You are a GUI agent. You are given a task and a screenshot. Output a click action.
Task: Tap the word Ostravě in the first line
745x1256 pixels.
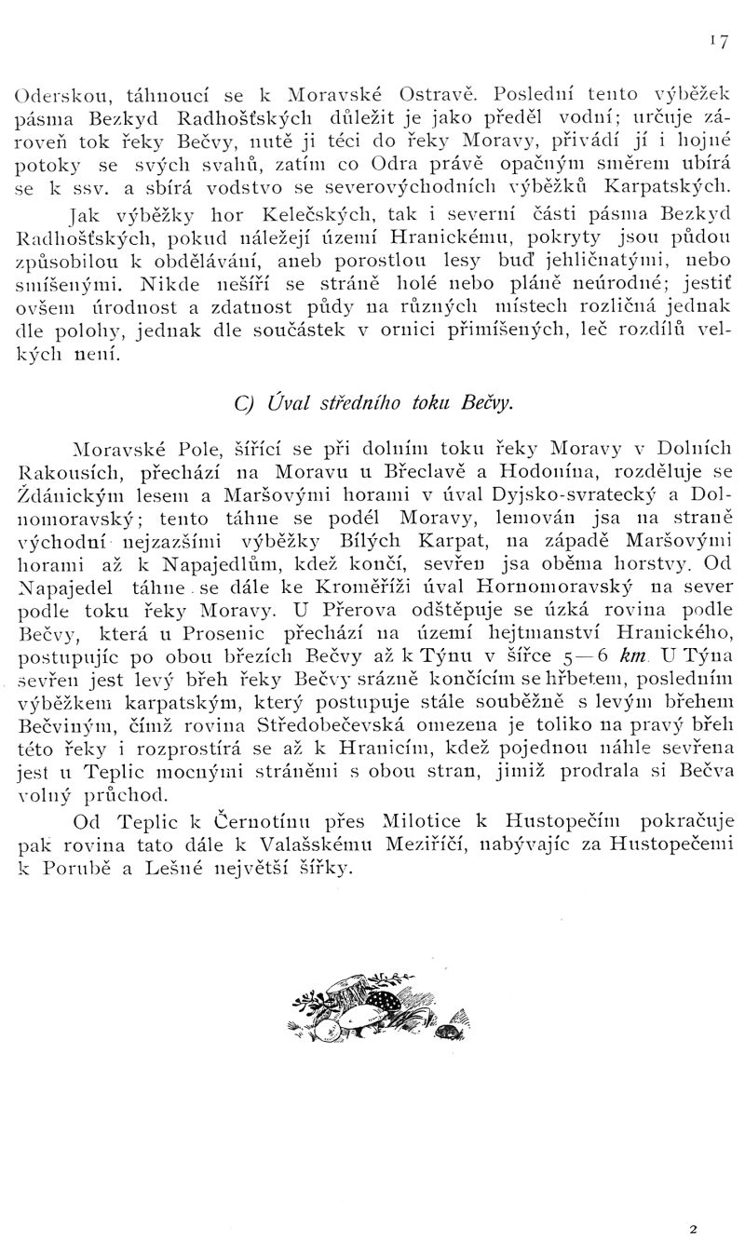pyautogui.click(x=437, y=94)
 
